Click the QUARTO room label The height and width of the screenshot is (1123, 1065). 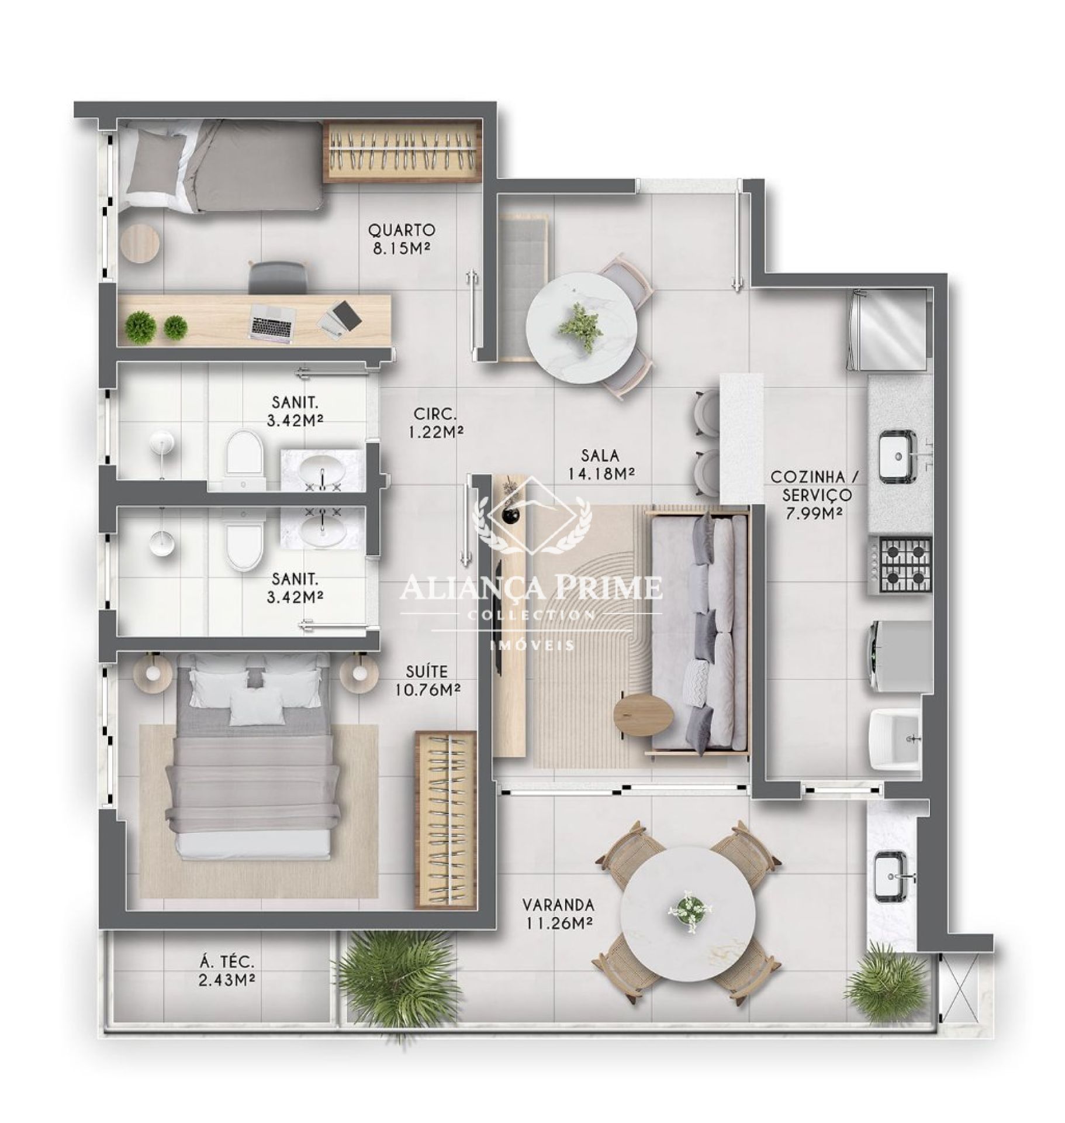pos(401,229)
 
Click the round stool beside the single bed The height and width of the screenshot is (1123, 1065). pos(140,244)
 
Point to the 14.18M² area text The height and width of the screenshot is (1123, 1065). pos(600,473)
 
